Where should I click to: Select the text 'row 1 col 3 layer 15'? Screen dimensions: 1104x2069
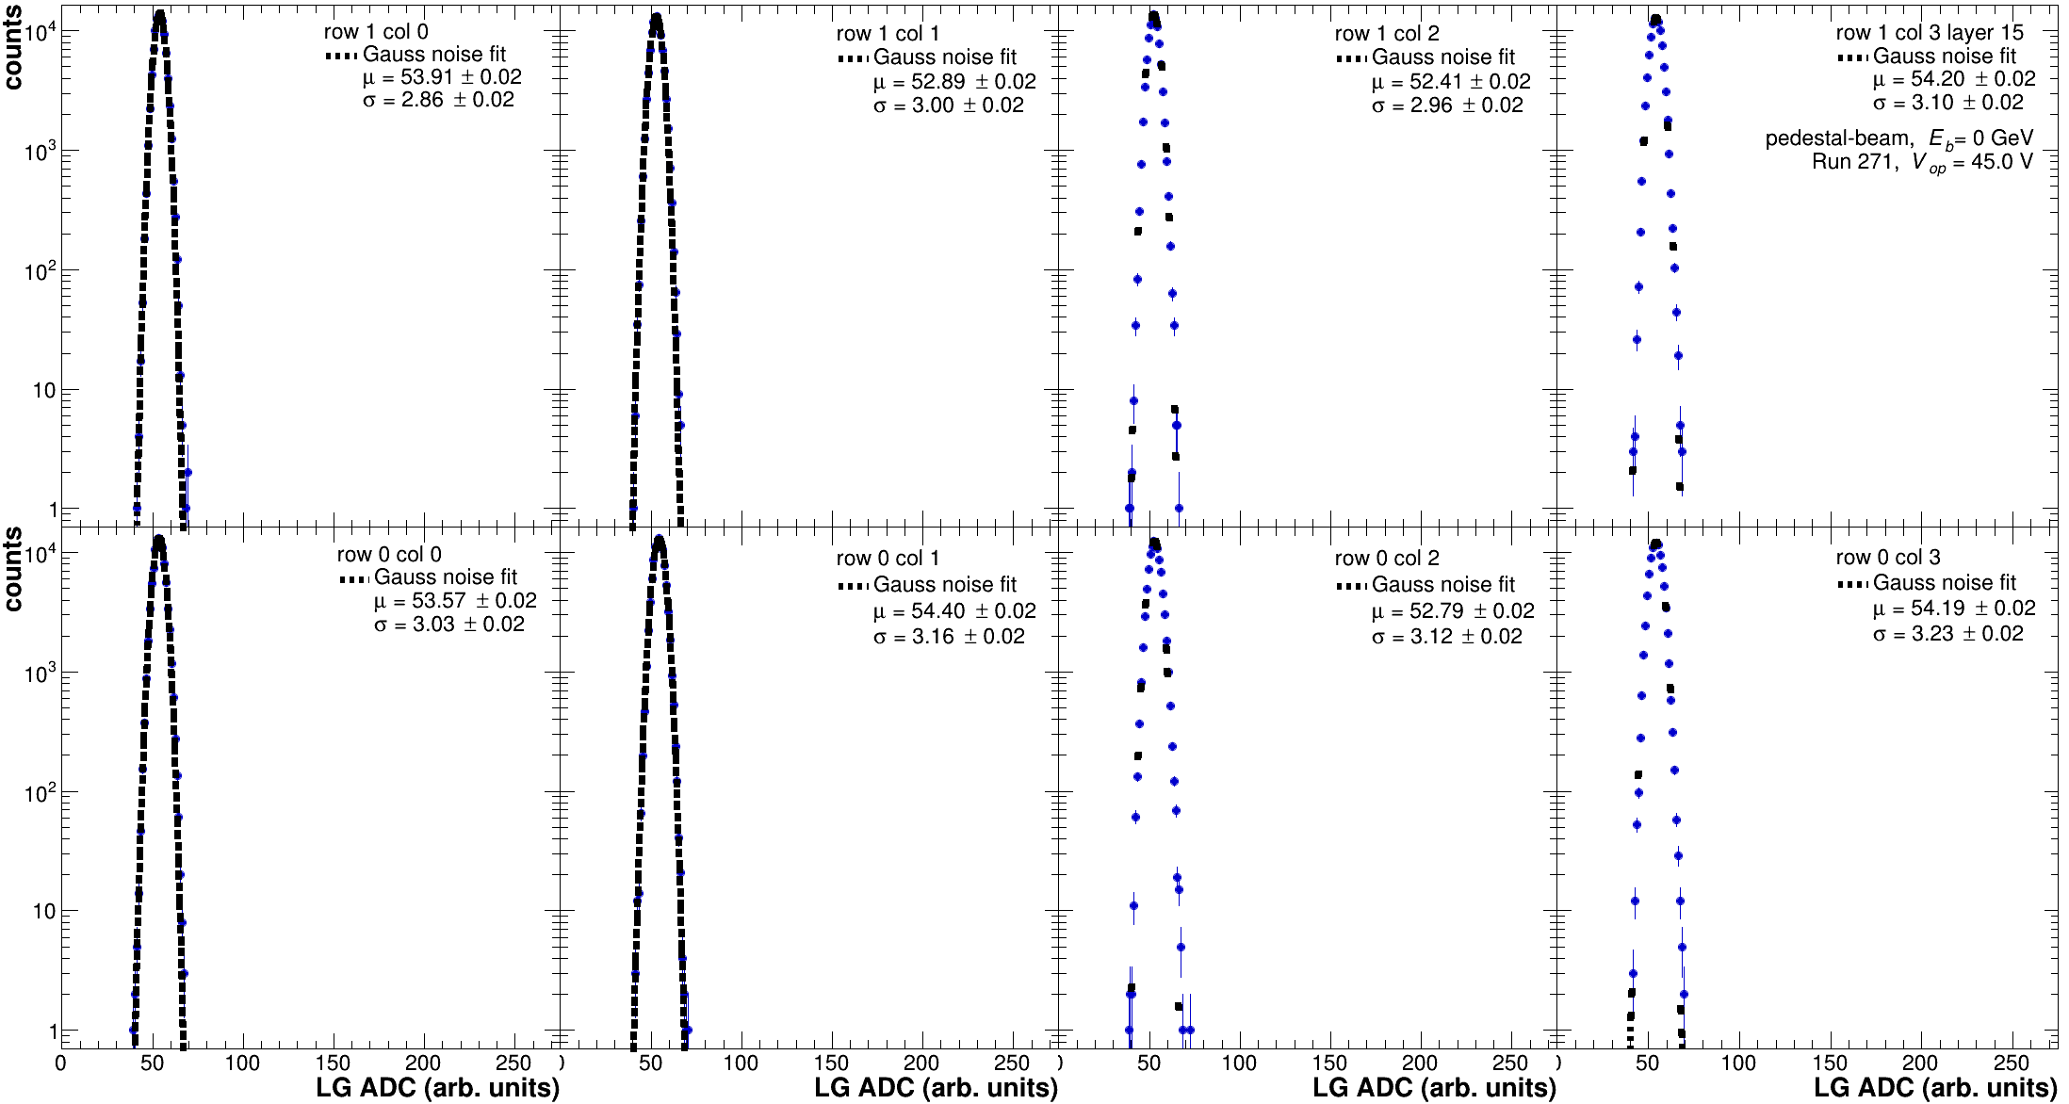[x=1929, y=32]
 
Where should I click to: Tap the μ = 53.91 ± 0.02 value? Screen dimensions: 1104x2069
[x=442, y=77]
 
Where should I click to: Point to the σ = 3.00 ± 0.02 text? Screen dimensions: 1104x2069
[x=948, y=106]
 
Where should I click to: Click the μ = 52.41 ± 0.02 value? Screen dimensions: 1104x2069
[x=1451, y=82]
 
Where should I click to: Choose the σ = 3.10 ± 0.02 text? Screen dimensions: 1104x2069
[x=1947, y=103]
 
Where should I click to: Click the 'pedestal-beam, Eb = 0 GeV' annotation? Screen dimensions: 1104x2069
[x=1898, y=139]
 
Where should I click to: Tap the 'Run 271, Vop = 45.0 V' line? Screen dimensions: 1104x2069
[x=1922, y=162]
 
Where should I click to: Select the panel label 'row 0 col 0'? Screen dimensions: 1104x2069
[x=389, y=555]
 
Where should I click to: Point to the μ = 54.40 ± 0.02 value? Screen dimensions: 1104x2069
[x=954, y=611]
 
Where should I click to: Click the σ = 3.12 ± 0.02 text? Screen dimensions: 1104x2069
[x=1446, y=637]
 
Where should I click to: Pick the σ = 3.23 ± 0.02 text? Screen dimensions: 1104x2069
[x=1947, y=634]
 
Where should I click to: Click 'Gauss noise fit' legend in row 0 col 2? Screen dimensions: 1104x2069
[x=1442, y=585]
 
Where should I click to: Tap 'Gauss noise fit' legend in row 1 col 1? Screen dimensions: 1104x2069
[x=944, y=57]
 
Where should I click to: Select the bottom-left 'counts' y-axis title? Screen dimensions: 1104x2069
[x=13, y=569]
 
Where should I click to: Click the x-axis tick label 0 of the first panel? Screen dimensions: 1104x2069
[x=61, y=1063]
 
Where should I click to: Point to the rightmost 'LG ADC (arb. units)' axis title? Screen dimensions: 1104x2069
[x=1935, y=1088]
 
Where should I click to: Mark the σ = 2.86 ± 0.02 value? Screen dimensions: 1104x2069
[x=438, y=100]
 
